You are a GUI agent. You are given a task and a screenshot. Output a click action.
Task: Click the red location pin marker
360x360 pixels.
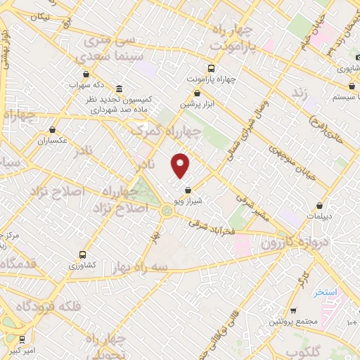pyautogui.click(x=181, y=165)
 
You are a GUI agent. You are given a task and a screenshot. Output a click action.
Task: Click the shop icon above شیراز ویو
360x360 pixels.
pyautogui.click(x=188, y=190)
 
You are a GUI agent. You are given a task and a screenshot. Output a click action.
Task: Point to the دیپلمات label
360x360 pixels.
pyautogui.click(x=320, y=217)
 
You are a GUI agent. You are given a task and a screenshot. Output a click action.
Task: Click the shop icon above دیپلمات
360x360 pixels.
pyautogui.click(x=320, y=206)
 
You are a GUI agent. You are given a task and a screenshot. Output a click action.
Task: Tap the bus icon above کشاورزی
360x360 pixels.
pyautogui.click(x=83, y=255)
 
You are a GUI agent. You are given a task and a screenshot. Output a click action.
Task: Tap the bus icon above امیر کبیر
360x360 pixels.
pyautogui.click(x=22, y=337)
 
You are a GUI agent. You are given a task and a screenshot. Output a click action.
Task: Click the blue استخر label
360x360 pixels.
pyautogui.click(x=326, y=292)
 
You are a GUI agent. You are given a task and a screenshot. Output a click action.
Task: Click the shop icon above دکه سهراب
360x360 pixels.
pyautogui.click(x=86, y=74)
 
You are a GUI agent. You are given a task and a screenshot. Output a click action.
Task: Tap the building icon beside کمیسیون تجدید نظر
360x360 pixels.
pyautogui.click(x=117, y=89)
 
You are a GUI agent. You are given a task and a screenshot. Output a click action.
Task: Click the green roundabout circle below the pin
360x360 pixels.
pyautogui.click(x=167, y=210)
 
